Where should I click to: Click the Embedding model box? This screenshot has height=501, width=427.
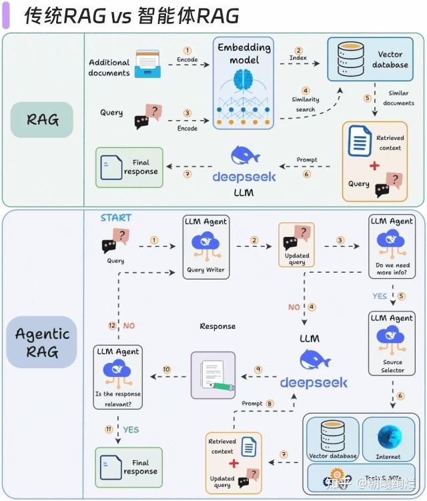click(x=244, y=83)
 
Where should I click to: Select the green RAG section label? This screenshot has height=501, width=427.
click(x=42, y=119)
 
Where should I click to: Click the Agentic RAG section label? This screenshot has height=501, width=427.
click(x=42, y=342)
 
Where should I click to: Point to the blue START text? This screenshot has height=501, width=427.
click(x=116, y=217)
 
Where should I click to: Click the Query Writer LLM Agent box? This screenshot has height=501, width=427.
click(x=205, y=246)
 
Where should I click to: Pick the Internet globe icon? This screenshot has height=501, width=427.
click(x=388, y=437)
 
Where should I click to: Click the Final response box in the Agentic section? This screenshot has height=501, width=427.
click(x=129, y=466)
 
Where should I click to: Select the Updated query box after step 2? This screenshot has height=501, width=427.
click(x=297, y=245)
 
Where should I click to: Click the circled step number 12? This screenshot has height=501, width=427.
click(x=113, y=326)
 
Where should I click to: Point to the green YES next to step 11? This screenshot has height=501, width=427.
click(x=131, y=430)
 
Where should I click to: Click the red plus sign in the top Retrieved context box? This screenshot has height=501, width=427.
click(x=375, y=165)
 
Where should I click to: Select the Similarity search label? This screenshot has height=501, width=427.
click(x=306, y=104)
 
